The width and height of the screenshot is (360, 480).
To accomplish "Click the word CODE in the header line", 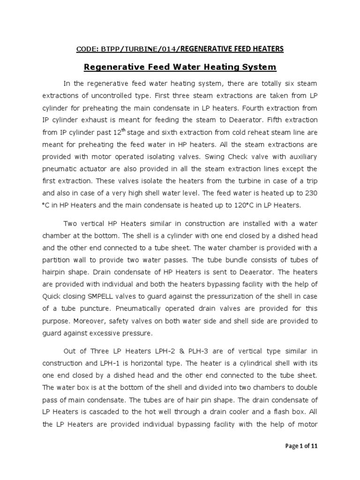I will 86,49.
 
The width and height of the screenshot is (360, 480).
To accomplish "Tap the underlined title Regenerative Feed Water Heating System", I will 180,67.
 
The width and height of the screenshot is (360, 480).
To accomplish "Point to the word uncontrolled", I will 143,96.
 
